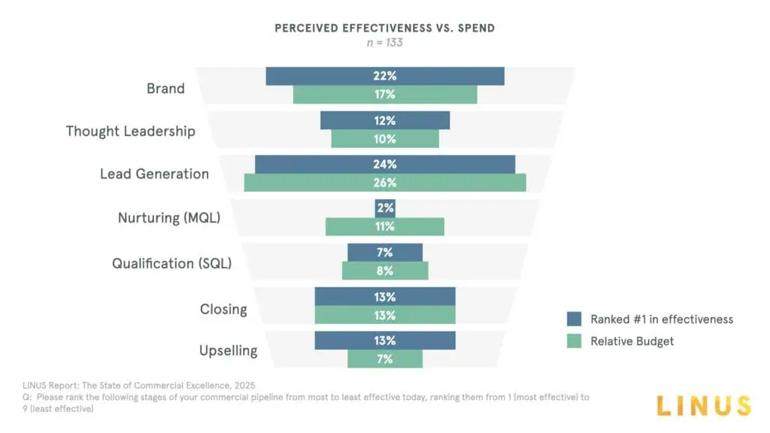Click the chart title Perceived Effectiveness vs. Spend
(x=384, y=29)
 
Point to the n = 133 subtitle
(x=384, y=43)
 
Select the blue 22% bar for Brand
(x=384, y=76)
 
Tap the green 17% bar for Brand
(x=384, y=95)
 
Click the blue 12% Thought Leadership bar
(x=384, y=120)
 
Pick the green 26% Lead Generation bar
(x=384, y=183)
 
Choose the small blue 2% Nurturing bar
(x=385, y=208)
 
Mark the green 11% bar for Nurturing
(x=384, y=227)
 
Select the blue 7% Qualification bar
(x=384, y=253)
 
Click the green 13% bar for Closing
(x=384, y=315)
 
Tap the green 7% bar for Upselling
(x=384, y=359)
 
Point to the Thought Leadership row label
(x=130, y=132)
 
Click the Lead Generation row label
(x=154, y=174)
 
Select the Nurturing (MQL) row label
(x=171, y=219)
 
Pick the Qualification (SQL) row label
(x=171, y=264)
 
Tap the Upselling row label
(x=228, y=351)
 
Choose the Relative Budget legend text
(x=632, y=341)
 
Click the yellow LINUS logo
(x=703, y=406)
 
